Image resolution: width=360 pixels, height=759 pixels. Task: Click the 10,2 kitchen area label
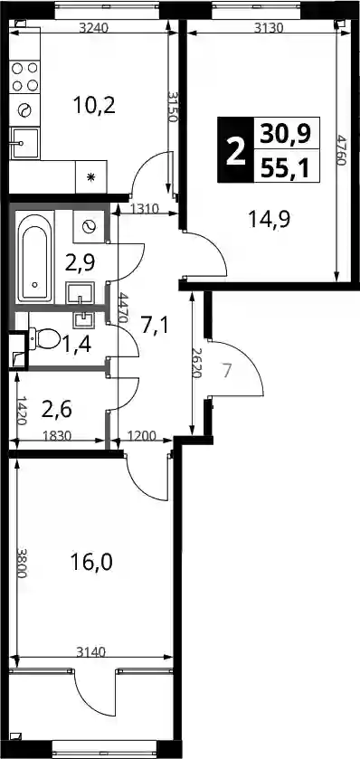94,105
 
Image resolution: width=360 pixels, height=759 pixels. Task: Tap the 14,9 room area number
269,220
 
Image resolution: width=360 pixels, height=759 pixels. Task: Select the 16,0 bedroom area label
91,562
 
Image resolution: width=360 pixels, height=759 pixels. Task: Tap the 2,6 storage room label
57,410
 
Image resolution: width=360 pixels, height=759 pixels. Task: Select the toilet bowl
43,337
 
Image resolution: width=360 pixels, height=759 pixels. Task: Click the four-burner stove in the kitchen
24,77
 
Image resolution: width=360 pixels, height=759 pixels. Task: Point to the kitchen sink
24,143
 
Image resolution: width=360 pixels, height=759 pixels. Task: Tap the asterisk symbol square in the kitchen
90,176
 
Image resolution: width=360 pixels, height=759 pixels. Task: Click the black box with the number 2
236,149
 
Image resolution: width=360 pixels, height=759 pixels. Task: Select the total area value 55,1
285,167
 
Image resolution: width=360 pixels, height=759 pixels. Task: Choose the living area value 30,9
285,134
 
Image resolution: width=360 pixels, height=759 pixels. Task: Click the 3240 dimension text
93,27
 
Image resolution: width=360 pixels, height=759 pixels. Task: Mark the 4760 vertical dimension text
342,150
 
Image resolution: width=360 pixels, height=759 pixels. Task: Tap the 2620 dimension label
197,362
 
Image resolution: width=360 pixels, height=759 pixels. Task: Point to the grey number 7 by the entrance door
228,371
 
